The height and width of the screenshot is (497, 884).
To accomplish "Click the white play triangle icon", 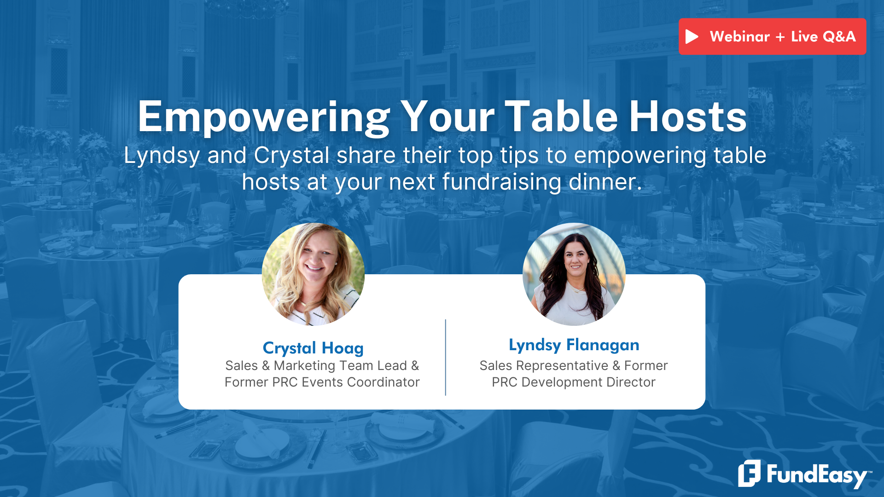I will tap(692, 37).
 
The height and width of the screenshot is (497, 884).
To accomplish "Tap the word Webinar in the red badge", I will tap(739, 37).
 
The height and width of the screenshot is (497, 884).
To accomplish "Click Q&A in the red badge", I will tap(839, 37).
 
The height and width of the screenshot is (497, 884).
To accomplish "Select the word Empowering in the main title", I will tap(264, 118).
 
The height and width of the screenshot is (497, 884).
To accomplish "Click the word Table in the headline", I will tap(561, 117).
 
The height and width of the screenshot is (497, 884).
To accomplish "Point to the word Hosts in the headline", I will tap(688, 117).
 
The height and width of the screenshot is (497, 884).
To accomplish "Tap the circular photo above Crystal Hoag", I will tap(313, 274).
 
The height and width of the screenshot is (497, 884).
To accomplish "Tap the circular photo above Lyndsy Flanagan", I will tap(574, 274).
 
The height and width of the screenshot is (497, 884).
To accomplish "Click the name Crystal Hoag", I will tap(313, 348).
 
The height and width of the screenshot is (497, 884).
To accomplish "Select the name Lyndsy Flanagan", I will tap(574, 345).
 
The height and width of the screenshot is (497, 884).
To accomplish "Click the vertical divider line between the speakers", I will tap(445, 357).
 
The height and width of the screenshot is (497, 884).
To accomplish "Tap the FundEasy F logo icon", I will tap(749, 473).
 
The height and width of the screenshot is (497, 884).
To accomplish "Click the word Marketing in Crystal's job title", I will tap(304, 365).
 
